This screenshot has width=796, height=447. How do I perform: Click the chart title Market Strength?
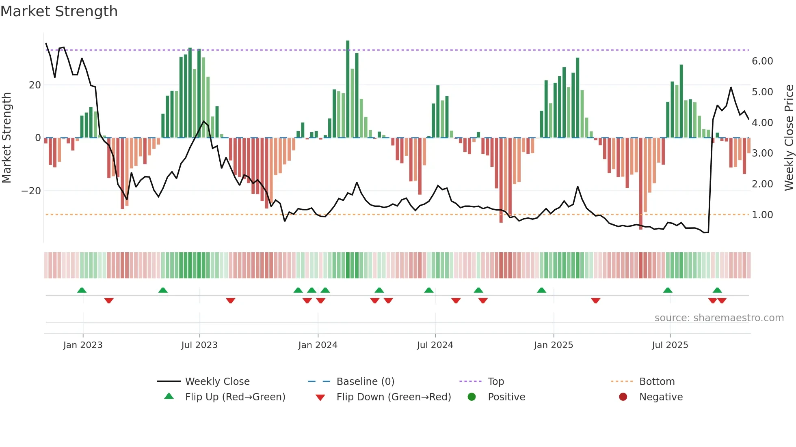pyautogui.click(x=59, y=11)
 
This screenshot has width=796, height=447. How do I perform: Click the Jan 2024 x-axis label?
pyautogui.click(x=318, y=345)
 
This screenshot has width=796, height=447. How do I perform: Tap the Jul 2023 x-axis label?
pyautogui.click(x=199, y=345)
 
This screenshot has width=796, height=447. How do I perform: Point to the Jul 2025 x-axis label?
pyautogui.click(x=670, y=345)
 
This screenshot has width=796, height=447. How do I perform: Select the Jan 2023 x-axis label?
pyautogui.click(x=83, y=345)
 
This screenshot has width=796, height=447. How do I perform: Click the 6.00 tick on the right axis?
pyautogui.click(x=762, y=61)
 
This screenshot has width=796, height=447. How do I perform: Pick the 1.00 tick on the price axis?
pyautogui.click(x=762, y=215)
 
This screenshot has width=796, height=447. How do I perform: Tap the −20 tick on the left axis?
pyautogui.click(x=31, y=191)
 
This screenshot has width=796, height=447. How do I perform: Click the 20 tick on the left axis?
pyautogui.click(x=35, y=85)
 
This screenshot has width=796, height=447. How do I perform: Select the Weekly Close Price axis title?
pyautogui.click(x=789, y=138)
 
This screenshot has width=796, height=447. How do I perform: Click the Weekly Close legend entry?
pyautogui.click(x=217, y=382)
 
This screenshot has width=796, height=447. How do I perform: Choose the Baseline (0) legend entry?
pyautogui.click(x=365, y=382)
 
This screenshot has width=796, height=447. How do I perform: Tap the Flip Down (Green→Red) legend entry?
pyautogui.click(x=394, y=397)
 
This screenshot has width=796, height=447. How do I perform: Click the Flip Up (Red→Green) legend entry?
pyautogui.click(x=235, y=397)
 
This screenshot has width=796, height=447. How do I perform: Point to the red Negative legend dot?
pyautogui.click(x=623, y=397)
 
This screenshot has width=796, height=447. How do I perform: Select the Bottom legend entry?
pyautogui.click(x=657, y=382)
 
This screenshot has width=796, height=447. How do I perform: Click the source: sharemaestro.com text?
pyautogui.click(x=719, y=318)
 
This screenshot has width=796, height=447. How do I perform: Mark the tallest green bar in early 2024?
pyautogui.click(x=348, y=89)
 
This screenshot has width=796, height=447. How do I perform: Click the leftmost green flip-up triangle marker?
pyautogui.click(x=82, y=290)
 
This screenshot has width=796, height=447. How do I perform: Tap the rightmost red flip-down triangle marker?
pyautogui.click(x=722, y=301)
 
